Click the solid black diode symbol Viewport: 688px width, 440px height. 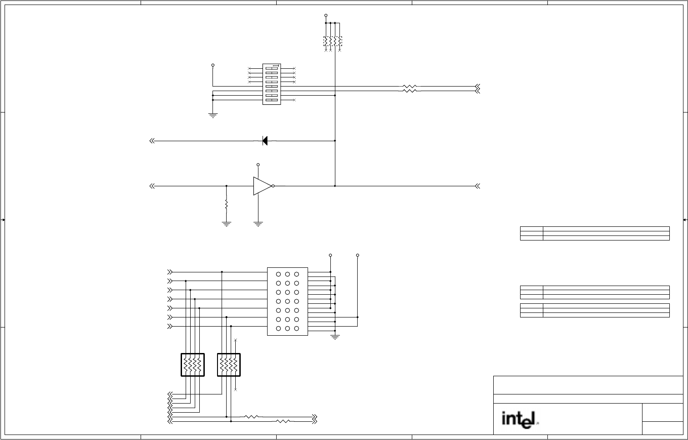(265, 141)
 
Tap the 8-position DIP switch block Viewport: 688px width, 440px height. (272, 84)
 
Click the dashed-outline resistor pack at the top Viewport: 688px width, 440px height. (333, 41)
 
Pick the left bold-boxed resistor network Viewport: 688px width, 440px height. (192, 365)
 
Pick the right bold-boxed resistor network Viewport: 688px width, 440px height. (229, 365)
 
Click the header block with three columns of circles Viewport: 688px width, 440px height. (288, 302)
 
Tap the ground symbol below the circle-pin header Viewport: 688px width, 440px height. (335, 338)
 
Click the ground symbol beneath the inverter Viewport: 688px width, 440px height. (258, 224)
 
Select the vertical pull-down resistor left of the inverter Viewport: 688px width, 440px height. (226, 204)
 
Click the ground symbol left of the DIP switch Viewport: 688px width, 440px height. (212, 115)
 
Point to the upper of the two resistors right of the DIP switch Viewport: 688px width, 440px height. (410, 86)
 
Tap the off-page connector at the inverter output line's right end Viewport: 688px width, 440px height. (477, 186)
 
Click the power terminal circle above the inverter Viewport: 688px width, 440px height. (258, 164)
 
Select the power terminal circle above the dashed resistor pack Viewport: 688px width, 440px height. (326, 15)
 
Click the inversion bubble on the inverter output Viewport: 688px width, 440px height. (273, 186)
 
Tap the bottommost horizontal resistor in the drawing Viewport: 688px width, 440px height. (283, 421)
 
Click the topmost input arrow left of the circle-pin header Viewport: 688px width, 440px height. (170, 272)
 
